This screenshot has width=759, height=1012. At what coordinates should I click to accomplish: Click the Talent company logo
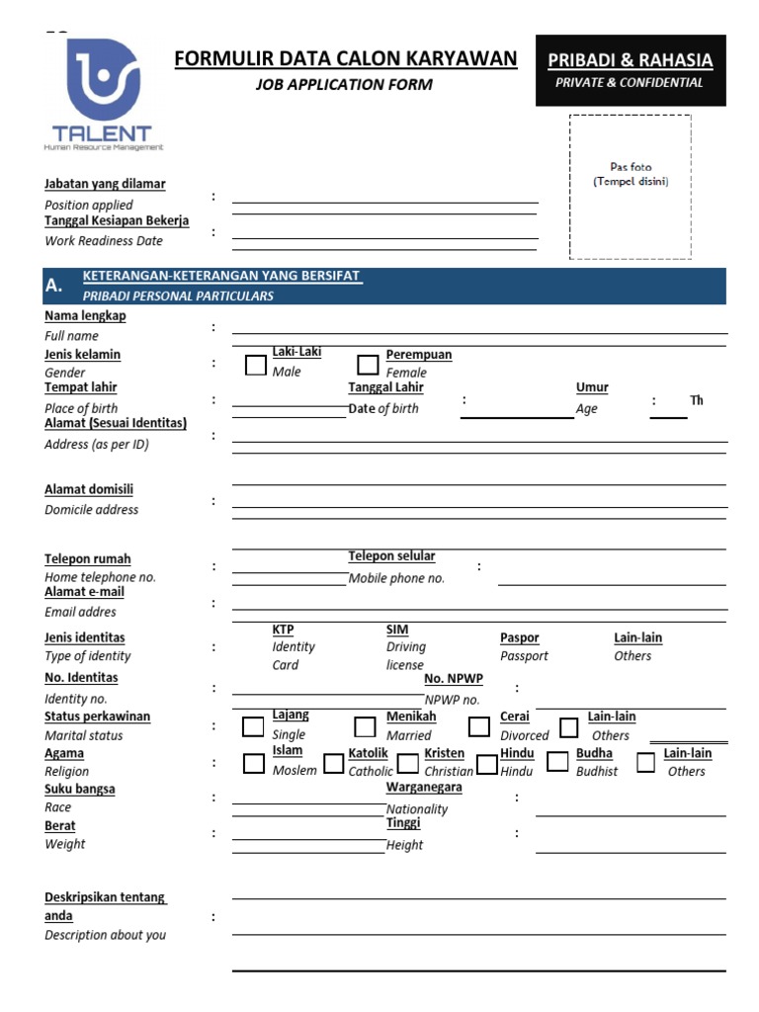coord(103,94)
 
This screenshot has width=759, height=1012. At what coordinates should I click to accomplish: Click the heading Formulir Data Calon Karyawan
coord(345,59)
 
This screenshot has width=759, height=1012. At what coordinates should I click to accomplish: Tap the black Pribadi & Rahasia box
coord(631,70)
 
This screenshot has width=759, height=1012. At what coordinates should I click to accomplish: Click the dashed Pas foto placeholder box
coord(630,187)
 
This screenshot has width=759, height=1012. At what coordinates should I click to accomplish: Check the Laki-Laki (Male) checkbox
coord(256,365)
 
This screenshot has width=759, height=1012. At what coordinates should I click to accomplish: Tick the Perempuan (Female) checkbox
coord(368,365)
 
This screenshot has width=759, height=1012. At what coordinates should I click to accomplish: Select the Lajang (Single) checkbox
coord(254,727)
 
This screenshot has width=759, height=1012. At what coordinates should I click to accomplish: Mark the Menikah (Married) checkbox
coord(365,727)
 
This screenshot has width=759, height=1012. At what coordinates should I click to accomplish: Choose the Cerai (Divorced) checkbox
coord(479,727)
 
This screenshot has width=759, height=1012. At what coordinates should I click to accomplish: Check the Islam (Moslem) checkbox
coord(254,763)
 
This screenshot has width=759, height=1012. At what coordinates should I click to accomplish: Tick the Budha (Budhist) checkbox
coord(558,761)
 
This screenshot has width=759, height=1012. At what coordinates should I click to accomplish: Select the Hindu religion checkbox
coord(486,763)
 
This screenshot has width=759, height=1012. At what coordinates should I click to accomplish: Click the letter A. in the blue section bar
coord(53,286)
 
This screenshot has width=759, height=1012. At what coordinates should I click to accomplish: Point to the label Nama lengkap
coord(85,316)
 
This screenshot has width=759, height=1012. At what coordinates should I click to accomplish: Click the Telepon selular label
coord(391,556)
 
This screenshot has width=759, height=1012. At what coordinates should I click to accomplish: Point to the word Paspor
coord(520,638)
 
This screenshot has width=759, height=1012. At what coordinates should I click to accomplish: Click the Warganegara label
coord(424,788)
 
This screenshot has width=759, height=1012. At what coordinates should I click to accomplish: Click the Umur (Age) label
coord(592,387)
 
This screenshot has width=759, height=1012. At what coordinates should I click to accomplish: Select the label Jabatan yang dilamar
coord(105,184)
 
